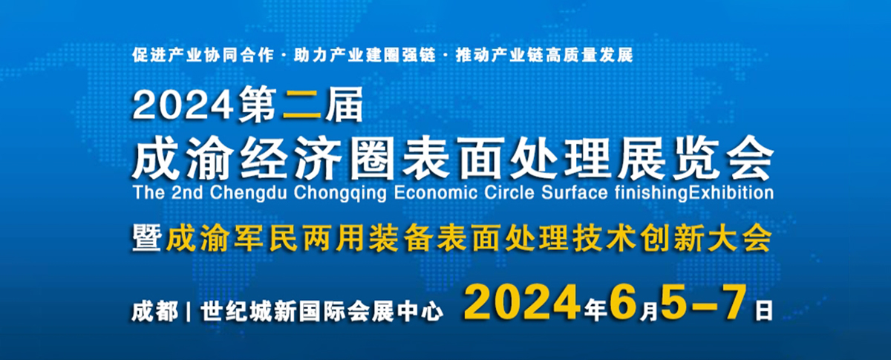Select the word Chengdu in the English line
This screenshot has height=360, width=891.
245,194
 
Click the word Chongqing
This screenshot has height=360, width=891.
334,194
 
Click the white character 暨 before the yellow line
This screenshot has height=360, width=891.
148,239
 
